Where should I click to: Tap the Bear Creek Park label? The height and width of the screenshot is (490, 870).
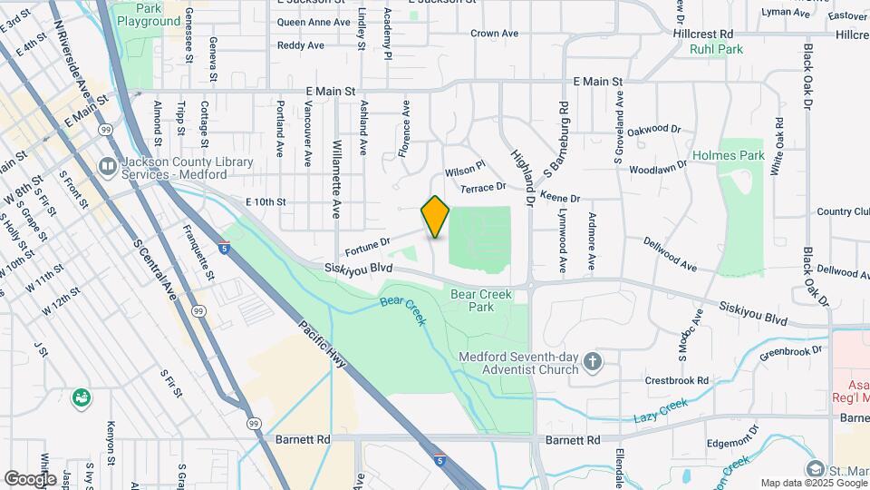[480, 300]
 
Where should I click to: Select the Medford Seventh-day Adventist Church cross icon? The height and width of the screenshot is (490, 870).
[592, 363]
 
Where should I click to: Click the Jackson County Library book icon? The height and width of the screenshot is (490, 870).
[107, 166]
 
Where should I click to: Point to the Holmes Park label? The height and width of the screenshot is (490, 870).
[729, 155]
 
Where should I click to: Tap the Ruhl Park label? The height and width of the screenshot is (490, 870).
[716, 49]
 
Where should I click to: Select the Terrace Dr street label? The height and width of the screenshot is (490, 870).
[482, 187]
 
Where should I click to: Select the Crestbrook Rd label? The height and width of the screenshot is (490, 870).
[675, 380]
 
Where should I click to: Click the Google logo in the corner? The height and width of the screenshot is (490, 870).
[29, 478]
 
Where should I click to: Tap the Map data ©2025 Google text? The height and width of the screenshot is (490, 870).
[813, 483]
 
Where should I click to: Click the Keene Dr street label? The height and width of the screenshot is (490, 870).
[559, 197]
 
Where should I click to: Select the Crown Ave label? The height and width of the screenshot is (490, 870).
[494, 34]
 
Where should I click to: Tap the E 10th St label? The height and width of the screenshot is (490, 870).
[266, 201]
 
